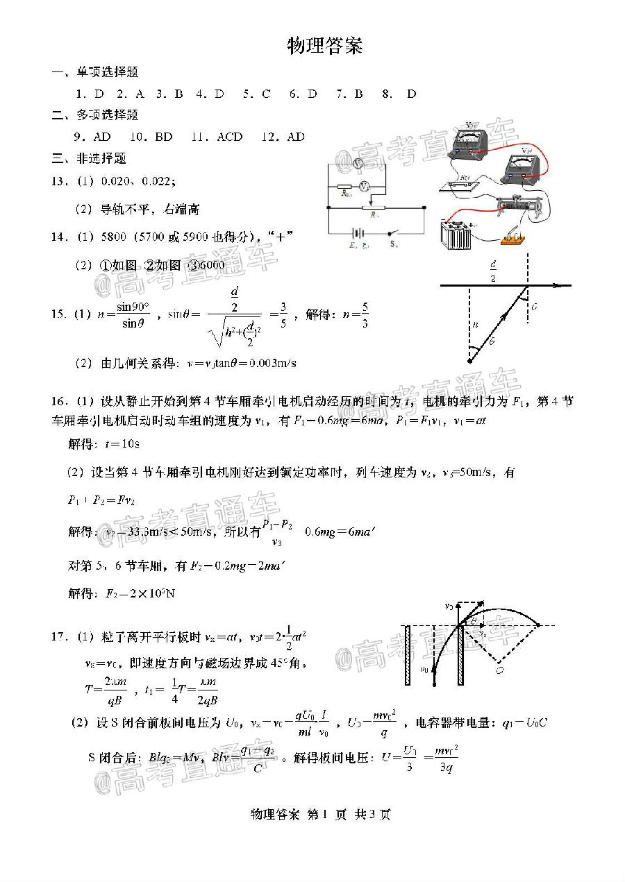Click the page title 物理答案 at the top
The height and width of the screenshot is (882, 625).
pyautogui.click(x=324, y=46)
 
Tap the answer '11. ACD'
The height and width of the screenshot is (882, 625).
pyautogui.click(x=217, y=137)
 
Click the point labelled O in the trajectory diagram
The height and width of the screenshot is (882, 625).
pyautogui.click(x=499, y=670)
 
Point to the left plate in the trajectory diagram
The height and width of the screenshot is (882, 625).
pyautogui.click(x=408, y=654)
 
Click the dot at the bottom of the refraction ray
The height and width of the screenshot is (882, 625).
pyautogui.click(x=470, y=360)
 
